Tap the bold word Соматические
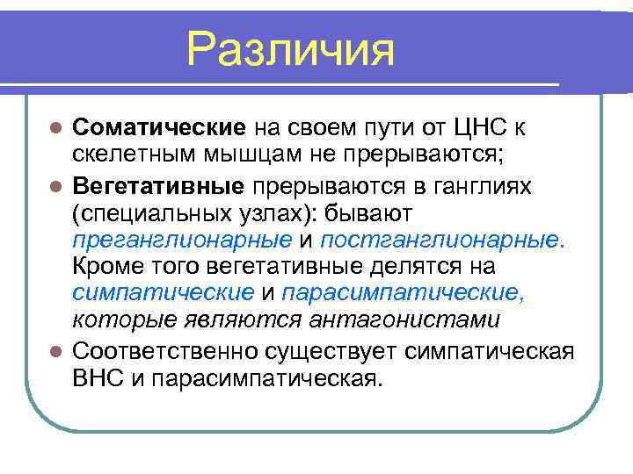click(158, 128)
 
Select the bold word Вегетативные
click(159, 186)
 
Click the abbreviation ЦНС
click(476, 128)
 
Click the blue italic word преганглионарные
click(182, 240)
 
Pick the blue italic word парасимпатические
click(404, 294)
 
